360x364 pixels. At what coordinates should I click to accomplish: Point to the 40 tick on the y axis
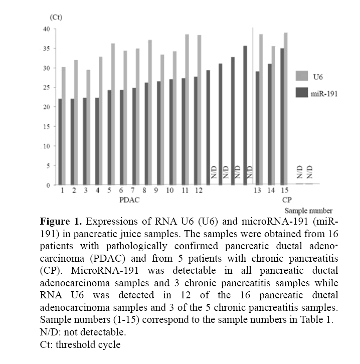(49, 29)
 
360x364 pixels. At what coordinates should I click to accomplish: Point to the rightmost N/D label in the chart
(310, 172)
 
